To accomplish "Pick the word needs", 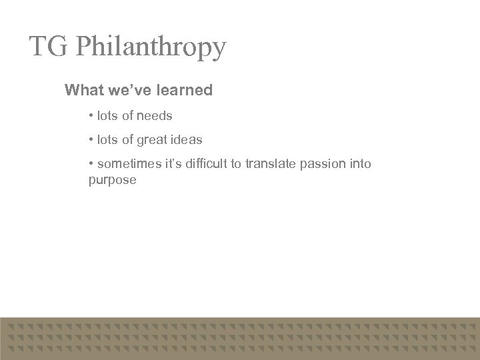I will coord(155,116).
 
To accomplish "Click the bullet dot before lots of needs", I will coord(91,116).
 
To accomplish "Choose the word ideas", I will coord(187,140).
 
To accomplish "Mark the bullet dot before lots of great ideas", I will coord(91,140).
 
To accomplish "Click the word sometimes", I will coord(127,164).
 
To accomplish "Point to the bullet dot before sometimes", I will coord(91,164).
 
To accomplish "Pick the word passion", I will coord(324,164).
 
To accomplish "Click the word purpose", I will coord(112,181).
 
